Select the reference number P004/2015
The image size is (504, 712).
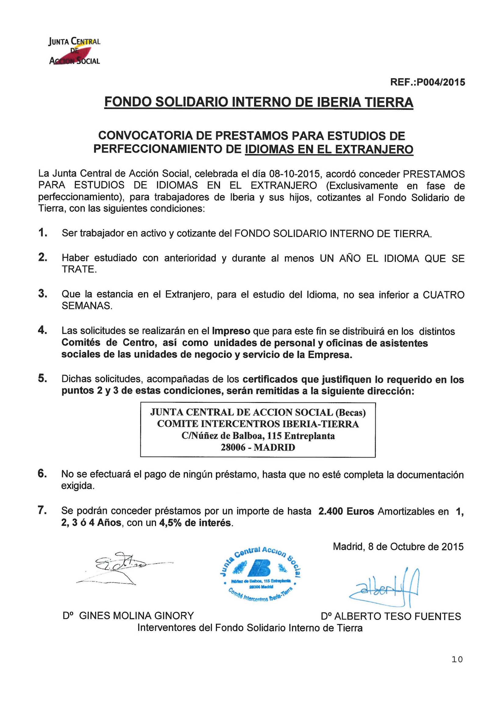coord(441,82)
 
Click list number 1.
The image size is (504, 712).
coord(43,233)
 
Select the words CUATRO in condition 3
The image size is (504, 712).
coord(443,294)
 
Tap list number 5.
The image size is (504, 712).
coord(43,379)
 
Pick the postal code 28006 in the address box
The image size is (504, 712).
coord(233,447)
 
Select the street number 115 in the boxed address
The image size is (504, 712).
coord(274,436)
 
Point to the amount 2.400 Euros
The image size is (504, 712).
coord(346,511)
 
